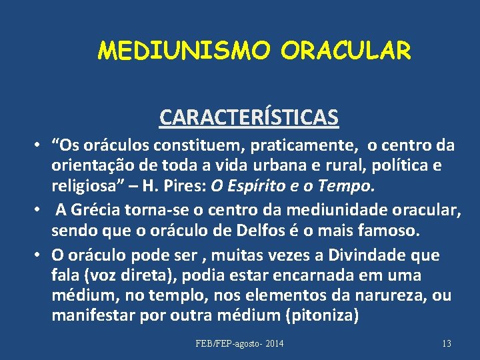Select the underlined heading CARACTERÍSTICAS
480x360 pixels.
[249, 117]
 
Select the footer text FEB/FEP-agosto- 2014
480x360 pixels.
[239, 343]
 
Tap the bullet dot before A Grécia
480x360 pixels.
[41, 211]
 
